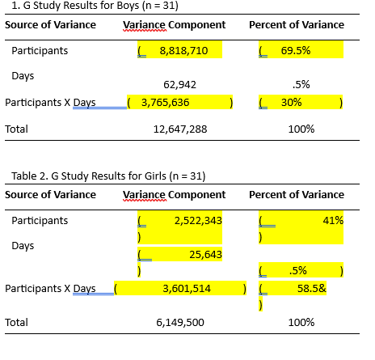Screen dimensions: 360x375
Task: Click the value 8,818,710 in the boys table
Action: (183, 51)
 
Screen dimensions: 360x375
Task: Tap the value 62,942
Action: (179, 84)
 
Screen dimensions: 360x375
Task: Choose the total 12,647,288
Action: (180, 129)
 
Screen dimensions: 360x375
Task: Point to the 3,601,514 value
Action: (187, 288)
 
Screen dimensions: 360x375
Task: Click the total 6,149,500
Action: (179, 322)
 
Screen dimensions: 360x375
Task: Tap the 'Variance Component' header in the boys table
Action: (174, 24)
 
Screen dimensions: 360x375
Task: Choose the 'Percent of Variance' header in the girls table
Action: (296, 195)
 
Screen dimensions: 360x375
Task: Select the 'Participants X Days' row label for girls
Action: (50, 288)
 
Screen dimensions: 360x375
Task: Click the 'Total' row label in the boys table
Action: (16, 129)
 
